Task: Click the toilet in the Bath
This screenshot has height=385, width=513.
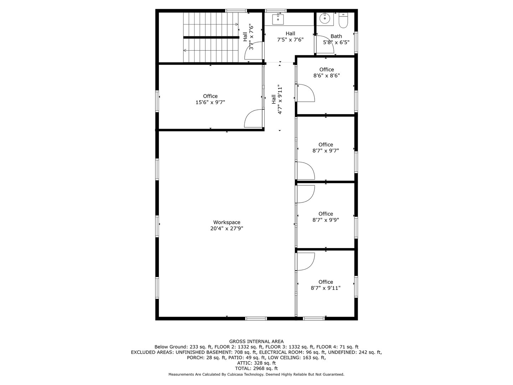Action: pos(343,21)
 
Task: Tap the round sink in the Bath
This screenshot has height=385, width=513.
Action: pos(325,18)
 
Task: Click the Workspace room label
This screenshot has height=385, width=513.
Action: pos(227,222)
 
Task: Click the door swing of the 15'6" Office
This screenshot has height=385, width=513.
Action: pos(253,118)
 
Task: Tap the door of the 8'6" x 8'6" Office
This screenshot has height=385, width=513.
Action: pos(305,93)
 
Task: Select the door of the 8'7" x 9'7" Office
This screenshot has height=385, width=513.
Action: pos(305,170)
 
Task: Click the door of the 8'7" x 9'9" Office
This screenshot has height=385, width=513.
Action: pos(305,194)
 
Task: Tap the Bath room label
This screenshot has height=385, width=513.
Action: pos(336,36)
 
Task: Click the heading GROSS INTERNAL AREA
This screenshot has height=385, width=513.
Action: pos(256,342)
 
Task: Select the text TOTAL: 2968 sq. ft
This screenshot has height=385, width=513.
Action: pos(256,369)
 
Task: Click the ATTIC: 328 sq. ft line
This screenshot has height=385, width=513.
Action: pos(256,363)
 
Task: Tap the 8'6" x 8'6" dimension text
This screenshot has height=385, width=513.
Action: pos(326,76)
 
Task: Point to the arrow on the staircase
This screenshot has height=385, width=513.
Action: pos(237,24)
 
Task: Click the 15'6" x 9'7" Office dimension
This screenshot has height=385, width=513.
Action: pos(210,102)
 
